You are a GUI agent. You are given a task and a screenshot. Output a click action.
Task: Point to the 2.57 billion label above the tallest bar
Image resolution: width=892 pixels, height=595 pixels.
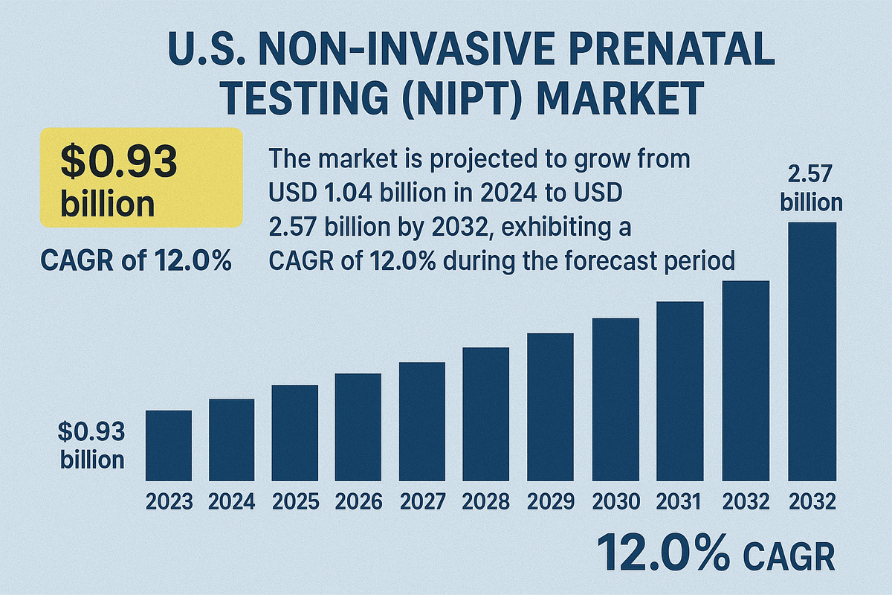point(815,189)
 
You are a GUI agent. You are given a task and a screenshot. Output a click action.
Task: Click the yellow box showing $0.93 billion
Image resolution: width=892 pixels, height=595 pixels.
point(141,177)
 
